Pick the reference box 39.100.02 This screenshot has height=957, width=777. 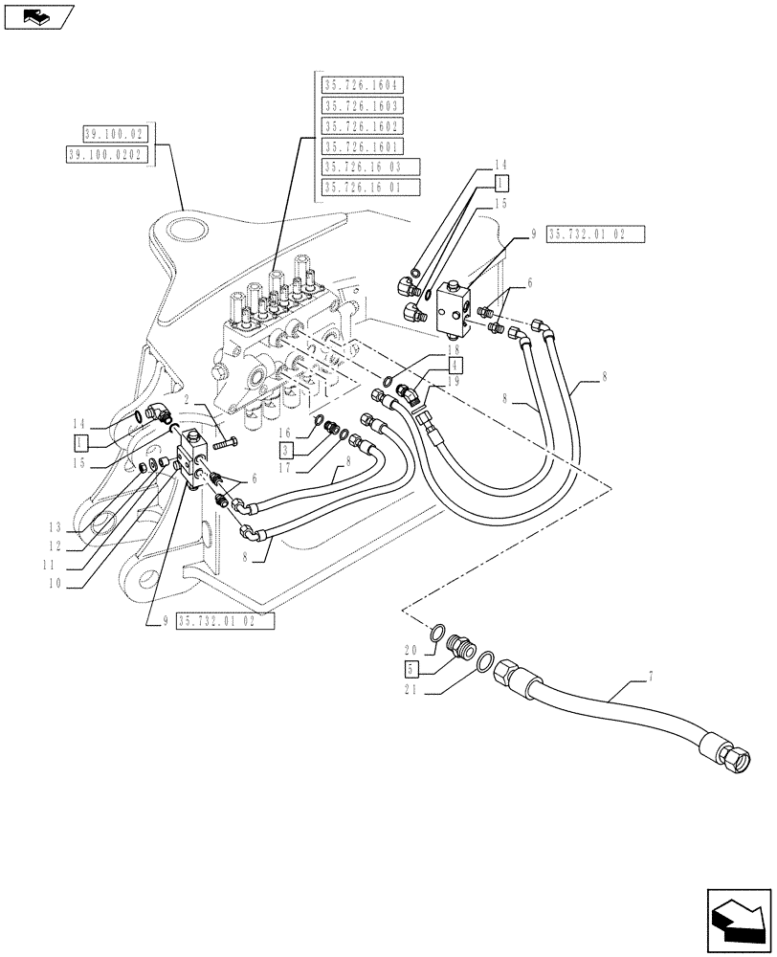tap(113, 134)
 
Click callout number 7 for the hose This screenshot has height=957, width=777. tap(652, 678)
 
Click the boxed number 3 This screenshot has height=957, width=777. tap(286, 448)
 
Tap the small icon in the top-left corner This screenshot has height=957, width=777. tap(36, 16)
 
